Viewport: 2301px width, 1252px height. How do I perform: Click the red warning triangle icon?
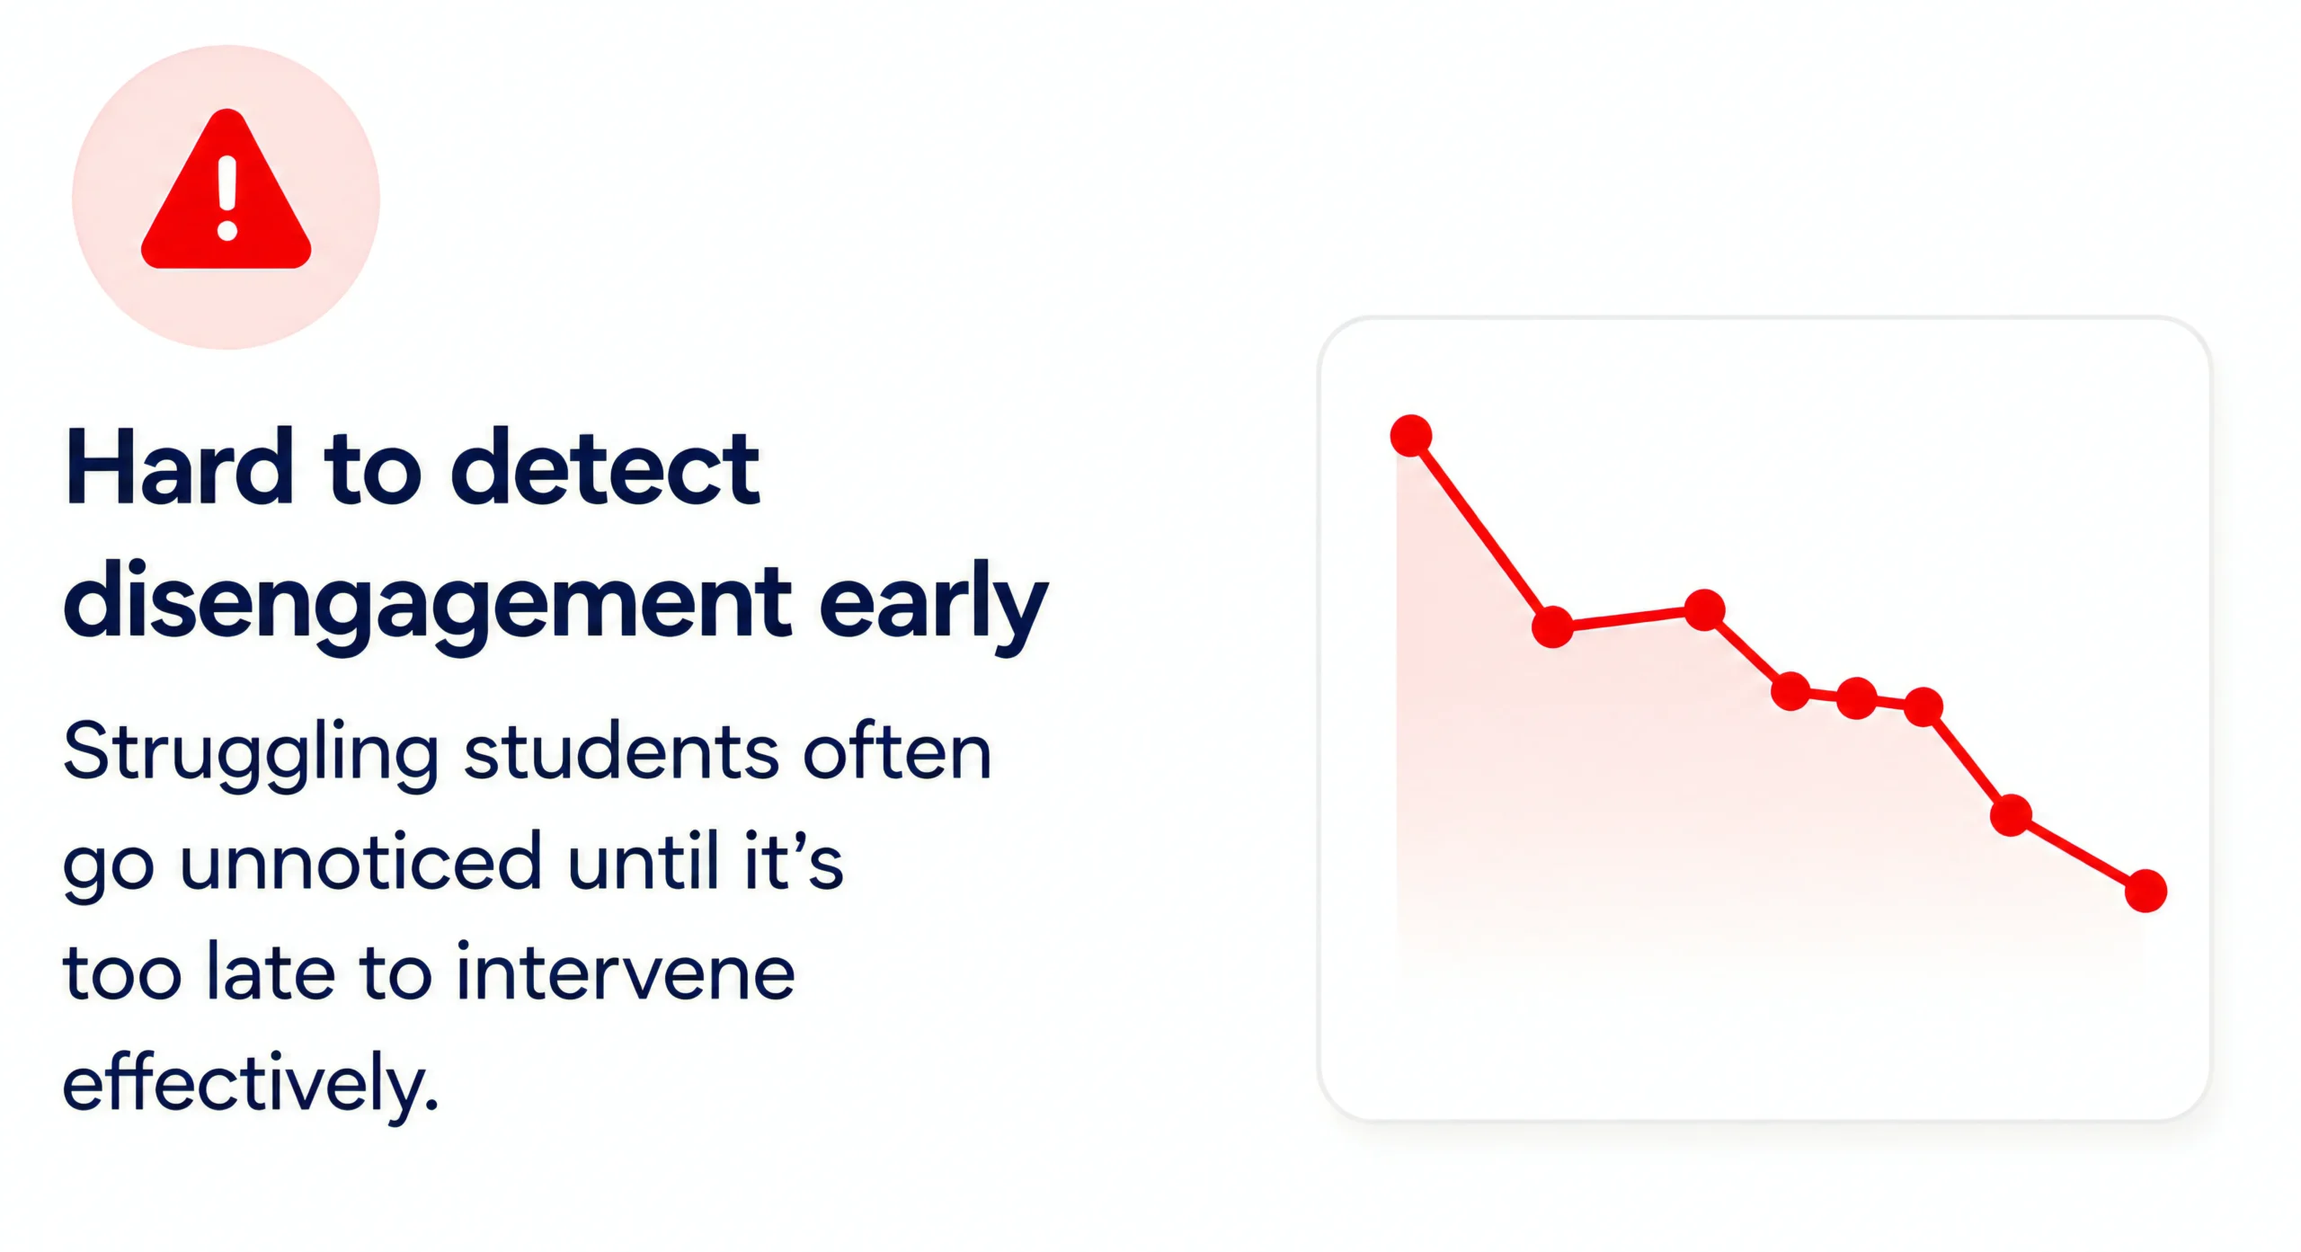pos(227,193)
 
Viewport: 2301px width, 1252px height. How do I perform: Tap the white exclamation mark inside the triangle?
pos(227,199)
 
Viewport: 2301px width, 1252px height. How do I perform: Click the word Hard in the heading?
pos(180,467)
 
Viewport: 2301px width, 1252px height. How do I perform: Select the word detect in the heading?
pos(605,467)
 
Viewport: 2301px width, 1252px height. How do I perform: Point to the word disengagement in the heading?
pos(428,600)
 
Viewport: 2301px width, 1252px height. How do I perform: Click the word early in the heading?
pos(934,600)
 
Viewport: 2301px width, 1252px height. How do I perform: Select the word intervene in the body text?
pos(626,972)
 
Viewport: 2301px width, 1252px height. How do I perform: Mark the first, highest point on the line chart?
pos(1411,436)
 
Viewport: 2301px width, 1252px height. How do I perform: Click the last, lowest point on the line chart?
pos(2146,891)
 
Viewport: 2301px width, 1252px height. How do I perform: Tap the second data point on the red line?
pos(1552,626)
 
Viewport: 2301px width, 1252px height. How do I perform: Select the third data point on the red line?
pos(1704,610)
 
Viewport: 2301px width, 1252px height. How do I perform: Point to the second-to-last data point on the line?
pos(2011,815)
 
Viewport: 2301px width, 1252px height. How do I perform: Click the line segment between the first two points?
pos(1481,531)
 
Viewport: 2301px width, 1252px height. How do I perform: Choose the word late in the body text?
pos(271,972)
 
